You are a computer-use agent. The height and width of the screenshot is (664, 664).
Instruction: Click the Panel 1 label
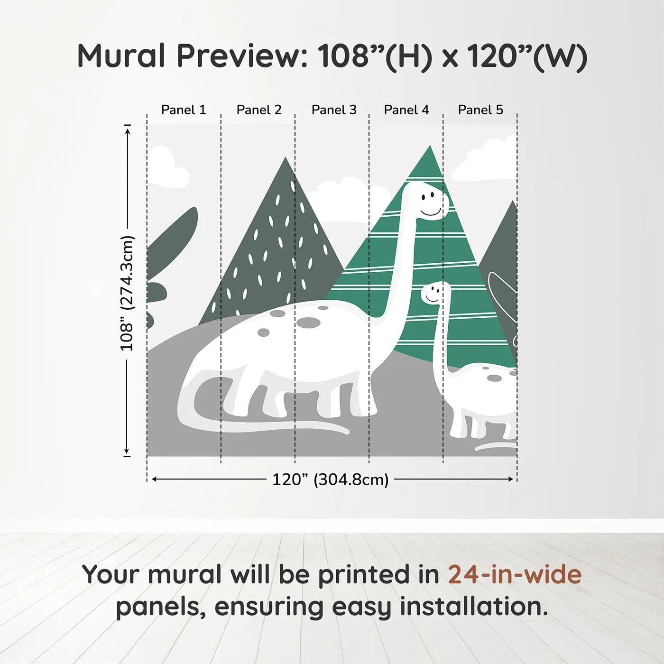184,110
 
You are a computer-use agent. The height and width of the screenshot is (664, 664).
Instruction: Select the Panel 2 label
259,110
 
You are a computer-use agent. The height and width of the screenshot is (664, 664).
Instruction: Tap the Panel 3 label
334,110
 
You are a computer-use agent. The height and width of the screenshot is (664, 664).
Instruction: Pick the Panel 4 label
406,110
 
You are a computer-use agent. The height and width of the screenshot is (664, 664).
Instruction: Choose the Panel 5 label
480,110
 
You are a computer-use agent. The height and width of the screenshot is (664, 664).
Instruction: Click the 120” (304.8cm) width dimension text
331,480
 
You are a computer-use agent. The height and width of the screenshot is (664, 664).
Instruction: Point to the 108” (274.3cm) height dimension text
127,293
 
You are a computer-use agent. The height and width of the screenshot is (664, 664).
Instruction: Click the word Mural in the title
121,56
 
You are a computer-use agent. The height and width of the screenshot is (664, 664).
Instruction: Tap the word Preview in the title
242,56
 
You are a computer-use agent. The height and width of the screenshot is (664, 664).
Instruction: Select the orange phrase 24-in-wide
515,574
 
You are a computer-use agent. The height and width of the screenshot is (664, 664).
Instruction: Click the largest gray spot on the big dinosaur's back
309,323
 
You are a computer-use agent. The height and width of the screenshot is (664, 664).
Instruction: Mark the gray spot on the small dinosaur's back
494,378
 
